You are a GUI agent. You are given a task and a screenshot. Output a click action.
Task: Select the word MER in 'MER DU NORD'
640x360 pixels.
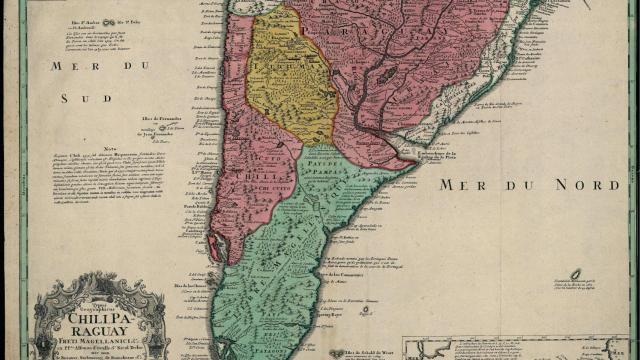point(466,185)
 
